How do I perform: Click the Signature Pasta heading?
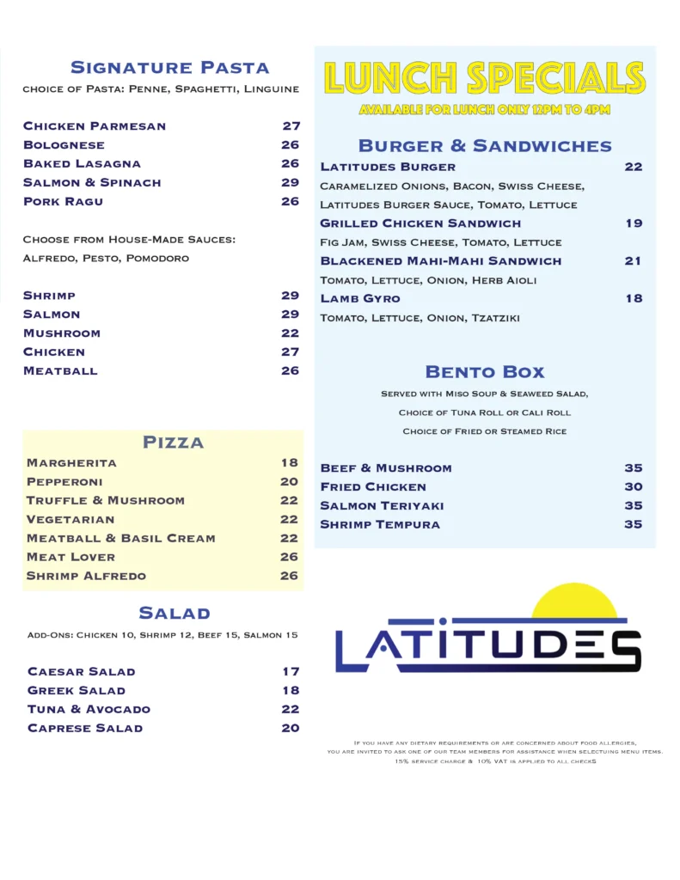point(169,67)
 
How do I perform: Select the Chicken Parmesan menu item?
point(95,126)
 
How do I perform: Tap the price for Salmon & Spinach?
point(290,182)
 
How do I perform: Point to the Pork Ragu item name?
point(63,201)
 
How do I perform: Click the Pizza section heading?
point(173,443)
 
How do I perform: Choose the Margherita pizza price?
point(289,462)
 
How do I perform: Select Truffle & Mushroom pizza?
point(105,500)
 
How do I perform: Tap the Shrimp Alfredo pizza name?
point(86,576)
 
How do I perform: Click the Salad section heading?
point(175,613)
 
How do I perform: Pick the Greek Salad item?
point(77,690)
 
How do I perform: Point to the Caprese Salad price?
point(290,728)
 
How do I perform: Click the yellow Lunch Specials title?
point(484,78)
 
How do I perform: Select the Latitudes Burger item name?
point(388,167)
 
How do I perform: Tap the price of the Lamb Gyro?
point(633,298)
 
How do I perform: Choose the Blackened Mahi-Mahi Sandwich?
point(440,260)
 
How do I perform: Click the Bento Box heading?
point(485,372)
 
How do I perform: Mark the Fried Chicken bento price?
point(633,486)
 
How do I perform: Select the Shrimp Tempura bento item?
point(380,524)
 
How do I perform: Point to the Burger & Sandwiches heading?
point(485,145)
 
